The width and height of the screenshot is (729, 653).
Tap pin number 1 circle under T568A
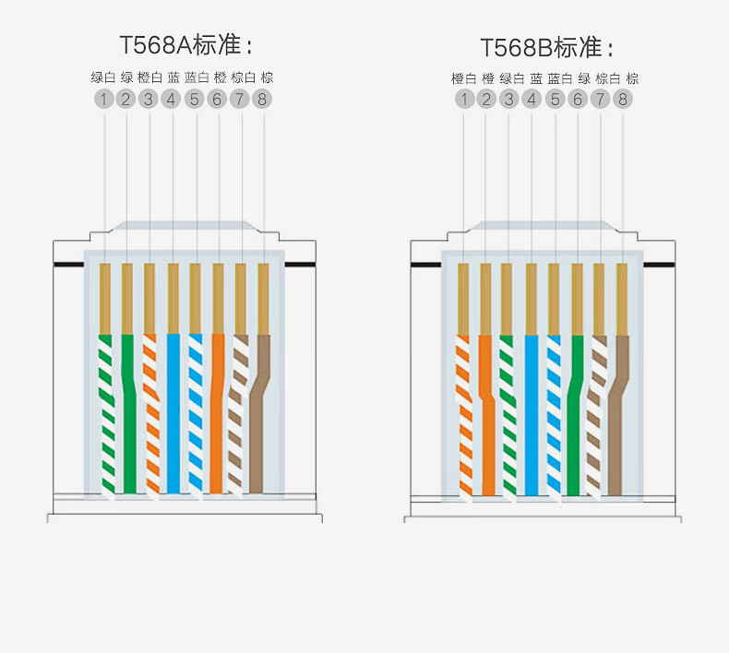pos(103,99)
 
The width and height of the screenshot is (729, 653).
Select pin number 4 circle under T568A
pos(172,99)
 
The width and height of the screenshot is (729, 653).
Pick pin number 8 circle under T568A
pos(262,99)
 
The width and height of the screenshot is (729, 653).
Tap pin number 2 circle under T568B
pos(486,99)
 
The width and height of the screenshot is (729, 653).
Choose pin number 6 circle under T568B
pos(578,99)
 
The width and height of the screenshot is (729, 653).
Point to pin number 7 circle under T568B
pos(600,99)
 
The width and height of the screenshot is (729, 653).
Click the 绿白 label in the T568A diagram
pos(102,77)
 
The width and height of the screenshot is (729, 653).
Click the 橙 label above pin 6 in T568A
pos(220,77)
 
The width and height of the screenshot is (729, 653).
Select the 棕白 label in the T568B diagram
pos(608,78)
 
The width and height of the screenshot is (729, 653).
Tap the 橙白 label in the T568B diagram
pos(463,78)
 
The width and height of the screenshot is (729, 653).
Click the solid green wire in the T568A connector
pos(128,413)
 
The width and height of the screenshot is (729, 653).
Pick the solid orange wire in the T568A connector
pos(217,413)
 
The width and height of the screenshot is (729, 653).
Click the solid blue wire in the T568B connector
pos(532,414)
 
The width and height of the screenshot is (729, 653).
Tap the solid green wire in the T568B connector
pos(575,414)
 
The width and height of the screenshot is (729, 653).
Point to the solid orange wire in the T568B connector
pos(487,414)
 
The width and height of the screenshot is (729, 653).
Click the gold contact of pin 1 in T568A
pos(105,299)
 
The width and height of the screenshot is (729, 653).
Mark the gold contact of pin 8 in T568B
pos(622,300)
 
